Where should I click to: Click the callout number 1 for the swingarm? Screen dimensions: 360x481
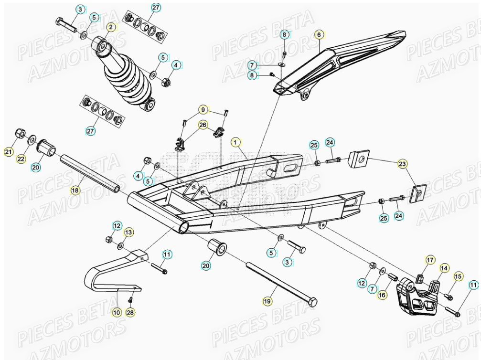[x=235, y=142]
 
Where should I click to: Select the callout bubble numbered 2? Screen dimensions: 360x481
[x=111, y=27]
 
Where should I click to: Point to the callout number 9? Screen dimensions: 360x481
[x=203, y=110]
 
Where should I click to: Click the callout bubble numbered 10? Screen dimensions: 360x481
[x=117, y=312]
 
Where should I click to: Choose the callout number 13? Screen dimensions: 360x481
[x=128, y=232]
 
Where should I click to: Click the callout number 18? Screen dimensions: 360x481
[x=75, y=190]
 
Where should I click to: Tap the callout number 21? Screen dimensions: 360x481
[x=8, y=152]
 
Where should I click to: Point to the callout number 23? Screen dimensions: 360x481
[x=403, y=164]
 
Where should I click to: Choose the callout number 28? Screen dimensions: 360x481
[x=130, y=312]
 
